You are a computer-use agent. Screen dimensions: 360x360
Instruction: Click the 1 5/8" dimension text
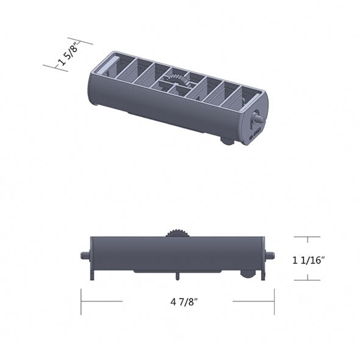pos(68,56)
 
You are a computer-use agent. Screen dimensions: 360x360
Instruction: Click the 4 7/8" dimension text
pos(178,301)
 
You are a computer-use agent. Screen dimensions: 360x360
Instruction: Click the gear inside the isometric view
pos(176,80)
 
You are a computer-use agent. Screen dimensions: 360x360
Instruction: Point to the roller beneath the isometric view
pos(228,142)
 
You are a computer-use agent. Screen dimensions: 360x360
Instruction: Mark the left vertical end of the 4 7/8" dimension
pos(81,301)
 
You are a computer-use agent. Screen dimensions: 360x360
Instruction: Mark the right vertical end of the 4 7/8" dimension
pos(274,301)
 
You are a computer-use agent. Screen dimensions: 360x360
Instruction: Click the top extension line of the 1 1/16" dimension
pos(306,237)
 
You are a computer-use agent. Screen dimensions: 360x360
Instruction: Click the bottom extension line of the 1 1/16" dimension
pos(306,280)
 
